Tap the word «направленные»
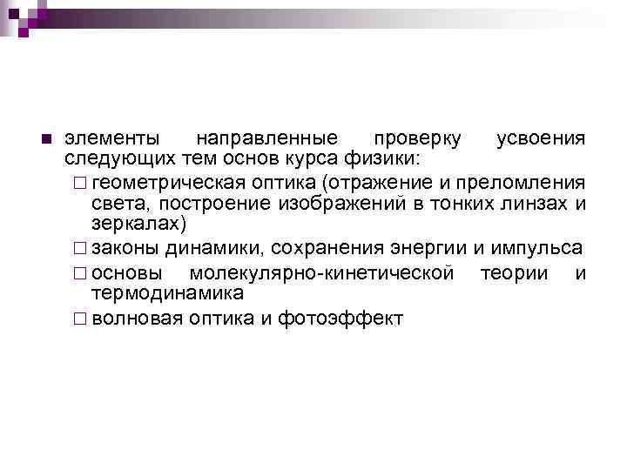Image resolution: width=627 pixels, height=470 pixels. (266, 139)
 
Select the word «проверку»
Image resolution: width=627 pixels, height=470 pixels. (414, 139)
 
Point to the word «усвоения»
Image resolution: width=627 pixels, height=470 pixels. (541, 139)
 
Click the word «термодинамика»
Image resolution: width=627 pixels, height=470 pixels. (168, 293)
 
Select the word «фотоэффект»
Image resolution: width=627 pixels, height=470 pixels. (340, 319)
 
